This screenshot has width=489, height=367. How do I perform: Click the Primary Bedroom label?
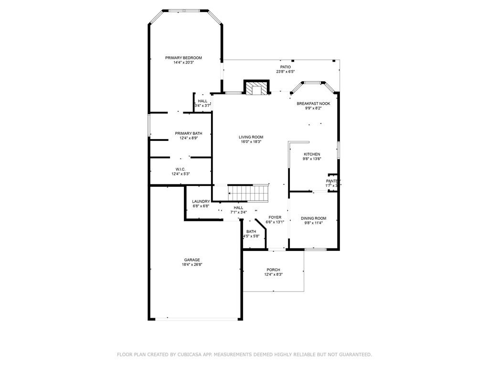(x=183, y=58)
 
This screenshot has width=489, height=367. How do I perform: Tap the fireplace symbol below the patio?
(x=257, y=88)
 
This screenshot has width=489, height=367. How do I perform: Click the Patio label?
(x=285, y=67)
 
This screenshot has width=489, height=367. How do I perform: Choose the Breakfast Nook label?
(x=313, y=103)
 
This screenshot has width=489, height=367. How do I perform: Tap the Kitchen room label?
(x=312, y=154)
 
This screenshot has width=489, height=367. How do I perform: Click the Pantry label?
(x=333, y=181)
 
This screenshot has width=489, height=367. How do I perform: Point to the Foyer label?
(x=275, y=217)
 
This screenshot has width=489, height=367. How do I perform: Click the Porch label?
(x=273, y=270)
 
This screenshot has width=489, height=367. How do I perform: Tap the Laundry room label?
(x=201, y=202)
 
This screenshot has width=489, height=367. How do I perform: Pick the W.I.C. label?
(x=180, y=169)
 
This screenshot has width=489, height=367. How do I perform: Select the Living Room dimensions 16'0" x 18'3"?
(x=251, y=141)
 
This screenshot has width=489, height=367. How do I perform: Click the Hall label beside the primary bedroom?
(x=202, y=101)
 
